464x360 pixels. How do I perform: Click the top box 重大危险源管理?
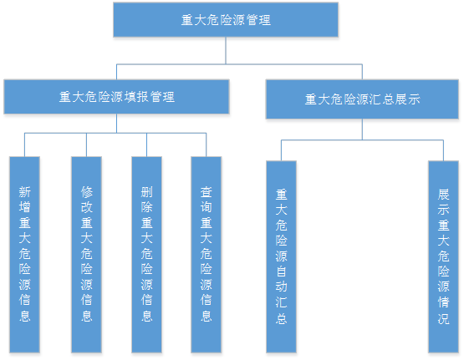226,20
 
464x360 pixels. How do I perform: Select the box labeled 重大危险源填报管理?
116,97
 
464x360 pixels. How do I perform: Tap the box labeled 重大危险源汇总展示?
362,99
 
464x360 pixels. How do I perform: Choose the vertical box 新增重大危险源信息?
24,255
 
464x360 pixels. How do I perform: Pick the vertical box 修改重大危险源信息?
86,255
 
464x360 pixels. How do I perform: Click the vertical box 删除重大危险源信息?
147,255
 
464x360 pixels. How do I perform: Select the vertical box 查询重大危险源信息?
207,255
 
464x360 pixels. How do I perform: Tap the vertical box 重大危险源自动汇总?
281,257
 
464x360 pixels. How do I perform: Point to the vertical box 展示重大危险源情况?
444,257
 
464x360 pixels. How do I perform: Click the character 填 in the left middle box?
130,97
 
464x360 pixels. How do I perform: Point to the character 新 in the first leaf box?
24,192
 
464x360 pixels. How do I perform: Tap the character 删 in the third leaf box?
147,192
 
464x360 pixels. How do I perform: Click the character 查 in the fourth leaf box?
207,192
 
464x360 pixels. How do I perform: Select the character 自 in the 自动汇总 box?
281,271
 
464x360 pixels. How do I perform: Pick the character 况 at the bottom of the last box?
444,318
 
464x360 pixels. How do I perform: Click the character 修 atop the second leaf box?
86,192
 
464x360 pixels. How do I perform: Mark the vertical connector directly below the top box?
226,51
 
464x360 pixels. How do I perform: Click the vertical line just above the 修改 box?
86,145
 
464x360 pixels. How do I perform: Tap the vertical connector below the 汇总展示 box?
362,129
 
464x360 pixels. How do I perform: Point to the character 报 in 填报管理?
143,97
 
